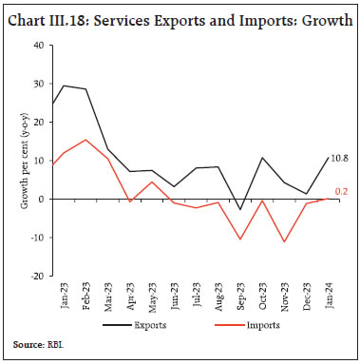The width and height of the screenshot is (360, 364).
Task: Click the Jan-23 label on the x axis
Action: pyautogui.click(x=64, y=296)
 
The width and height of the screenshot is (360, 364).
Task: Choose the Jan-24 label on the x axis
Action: pyautogui.click(x=329, y=296)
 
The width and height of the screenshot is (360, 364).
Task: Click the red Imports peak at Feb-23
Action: pyautogui.click(x=86, y=140)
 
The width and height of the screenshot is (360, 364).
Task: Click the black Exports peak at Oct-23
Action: pyautogui.click(x=262, y=158)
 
